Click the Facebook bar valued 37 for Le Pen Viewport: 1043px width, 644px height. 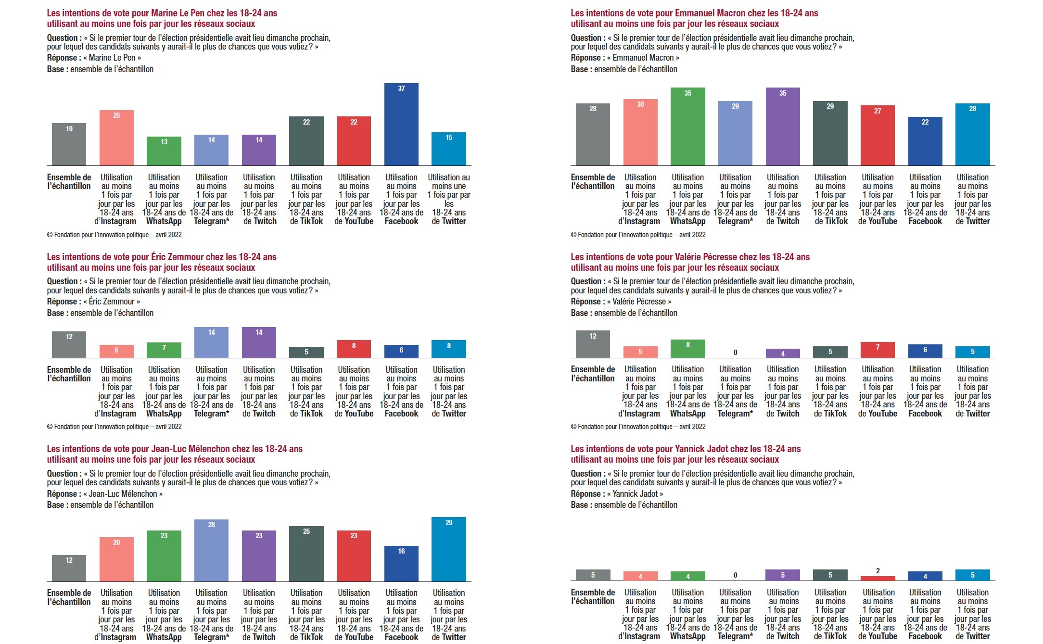click(x=401, y=125)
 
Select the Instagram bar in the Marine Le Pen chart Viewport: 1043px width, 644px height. click(x=116, y=138)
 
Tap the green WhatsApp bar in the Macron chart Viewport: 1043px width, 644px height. click(x=687, y=127)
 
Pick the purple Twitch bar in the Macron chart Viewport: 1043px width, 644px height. click(x=783, y=127)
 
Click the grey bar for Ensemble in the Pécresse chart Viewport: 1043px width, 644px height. click(x=593, y=344)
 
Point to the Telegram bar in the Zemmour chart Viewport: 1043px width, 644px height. click(x=211, y=342)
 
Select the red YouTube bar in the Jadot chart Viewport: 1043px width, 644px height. click(x=878, y=578)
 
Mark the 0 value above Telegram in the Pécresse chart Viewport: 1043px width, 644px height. click(x=735, y=353)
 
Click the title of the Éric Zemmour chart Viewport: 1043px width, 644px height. click(x=162, y=262)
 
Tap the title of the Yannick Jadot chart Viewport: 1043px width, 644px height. click(x=686, y=454)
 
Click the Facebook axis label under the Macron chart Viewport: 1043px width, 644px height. click(x=925, y=200)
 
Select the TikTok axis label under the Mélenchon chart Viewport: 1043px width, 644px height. click(x=306, y=615)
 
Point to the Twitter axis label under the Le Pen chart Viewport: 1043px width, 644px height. click(x=449, y=200)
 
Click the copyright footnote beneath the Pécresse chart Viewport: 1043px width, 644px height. click(x=638, y=427)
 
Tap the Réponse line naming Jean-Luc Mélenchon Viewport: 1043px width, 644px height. click(x=105, y=494)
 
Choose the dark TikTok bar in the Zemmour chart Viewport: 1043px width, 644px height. click(x=306, y=353)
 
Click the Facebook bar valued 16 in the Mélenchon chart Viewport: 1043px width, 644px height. click(x=401, y=564)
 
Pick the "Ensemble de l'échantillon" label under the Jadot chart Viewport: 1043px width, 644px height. click(x=593, y=597)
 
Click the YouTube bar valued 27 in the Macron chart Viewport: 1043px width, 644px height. click(x=878, y=136)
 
